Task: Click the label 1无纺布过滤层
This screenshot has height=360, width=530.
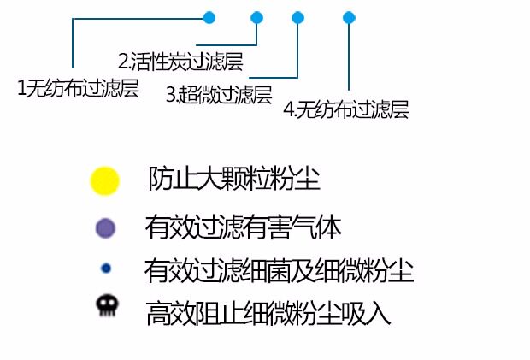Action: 78,88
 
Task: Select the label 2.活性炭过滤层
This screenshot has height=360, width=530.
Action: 180,62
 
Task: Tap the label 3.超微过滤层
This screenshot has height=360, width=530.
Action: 219,95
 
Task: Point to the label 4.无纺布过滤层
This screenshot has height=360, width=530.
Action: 346,109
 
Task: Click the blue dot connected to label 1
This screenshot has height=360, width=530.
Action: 209,17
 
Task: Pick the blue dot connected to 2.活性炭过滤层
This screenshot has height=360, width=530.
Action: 256,17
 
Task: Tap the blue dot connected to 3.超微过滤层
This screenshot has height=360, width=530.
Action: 297,17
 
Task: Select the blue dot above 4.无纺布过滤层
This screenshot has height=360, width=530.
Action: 348,17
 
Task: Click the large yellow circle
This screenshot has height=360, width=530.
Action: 104,180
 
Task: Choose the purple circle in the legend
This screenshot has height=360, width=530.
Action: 105,227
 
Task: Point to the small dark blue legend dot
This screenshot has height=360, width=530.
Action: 106,268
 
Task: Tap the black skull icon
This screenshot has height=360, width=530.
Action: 105,306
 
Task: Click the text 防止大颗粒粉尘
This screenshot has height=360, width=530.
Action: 234,180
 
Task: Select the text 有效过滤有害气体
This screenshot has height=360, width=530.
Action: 244,227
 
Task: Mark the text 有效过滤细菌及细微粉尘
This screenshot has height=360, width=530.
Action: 280,271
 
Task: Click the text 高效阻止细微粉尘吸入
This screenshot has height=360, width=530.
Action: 268,312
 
